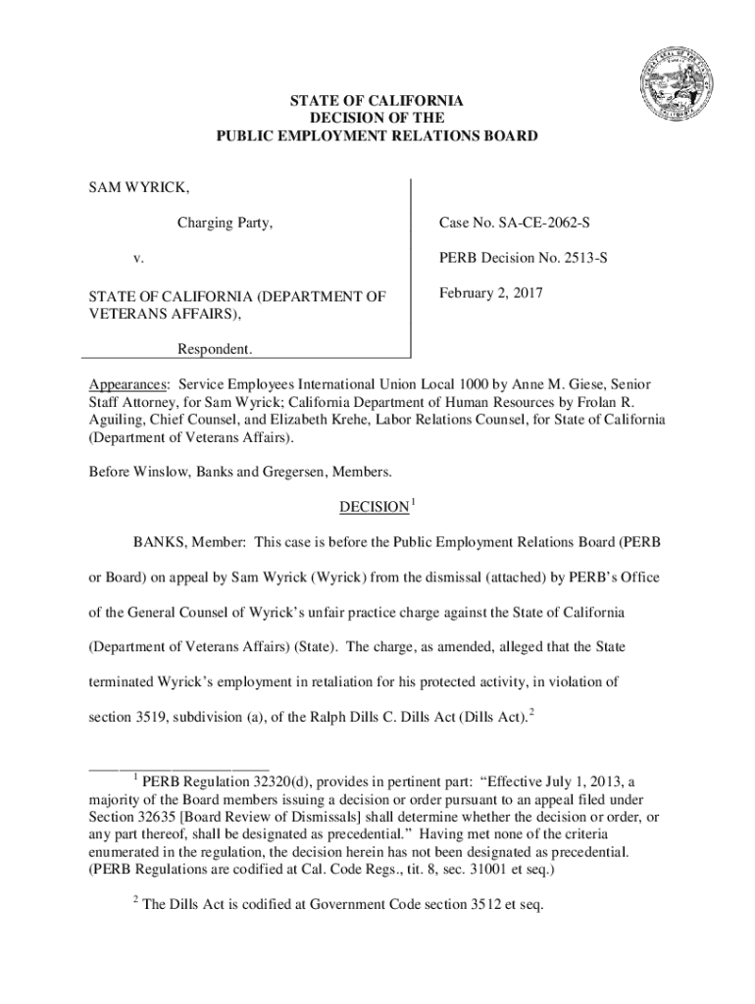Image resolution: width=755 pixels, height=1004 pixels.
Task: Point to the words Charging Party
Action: coord(225,225)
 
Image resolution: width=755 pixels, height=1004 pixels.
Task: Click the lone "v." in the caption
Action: coord(138,260)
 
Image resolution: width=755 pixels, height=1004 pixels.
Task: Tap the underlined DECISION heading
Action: coord(374,507)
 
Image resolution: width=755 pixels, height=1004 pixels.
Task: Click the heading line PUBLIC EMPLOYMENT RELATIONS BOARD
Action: coord(377,136)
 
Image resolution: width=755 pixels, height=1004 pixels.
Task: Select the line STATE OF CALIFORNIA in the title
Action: coord(377,101)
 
